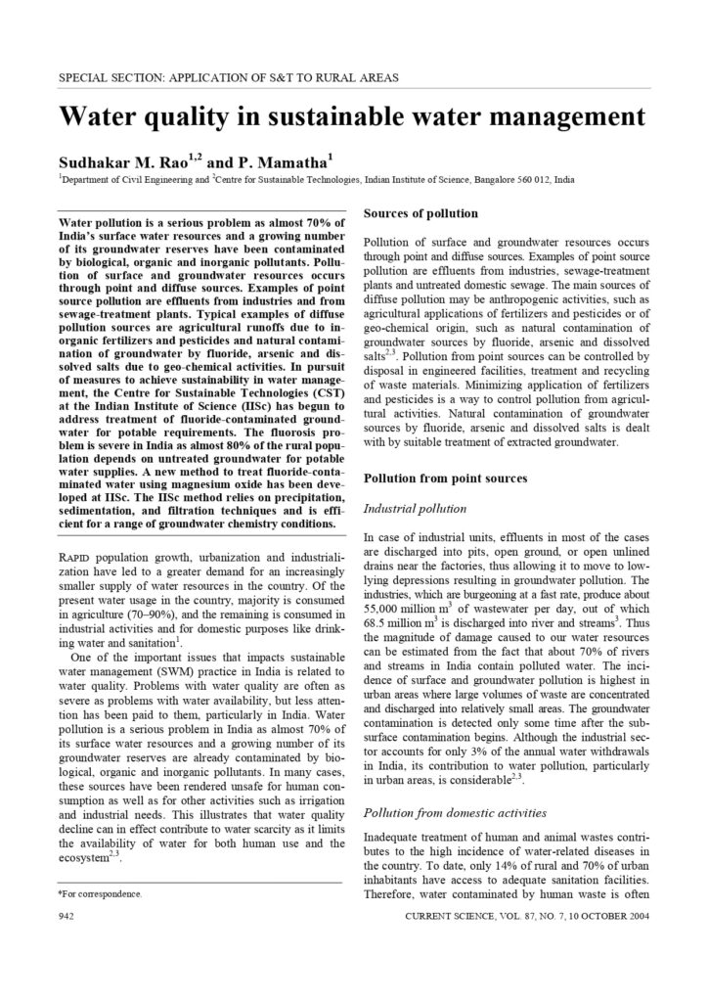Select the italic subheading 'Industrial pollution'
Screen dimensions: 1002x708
pyautogui.click(x=416, y=509)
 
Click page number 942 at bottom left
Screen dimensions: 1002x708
pyautogui.click(x=68, y=916)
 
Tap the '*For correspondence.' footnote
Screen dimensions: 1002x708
pyautogui.click(x=101, y=893)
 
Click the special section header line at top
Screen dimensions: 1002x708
pyautogui.click(x=228, y=76)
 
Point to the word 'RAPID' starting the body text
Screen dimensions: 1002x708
pyautogui.click(x=79, y=557)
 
